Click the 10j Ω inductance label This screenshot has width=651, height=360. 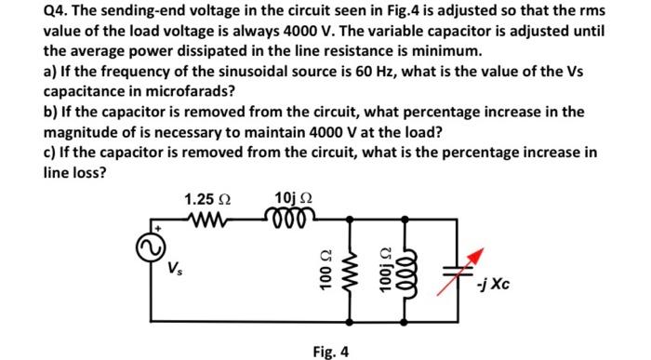[x=294, y=198]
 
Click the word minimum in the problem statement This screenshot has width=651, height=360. [x=449, y=50]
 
